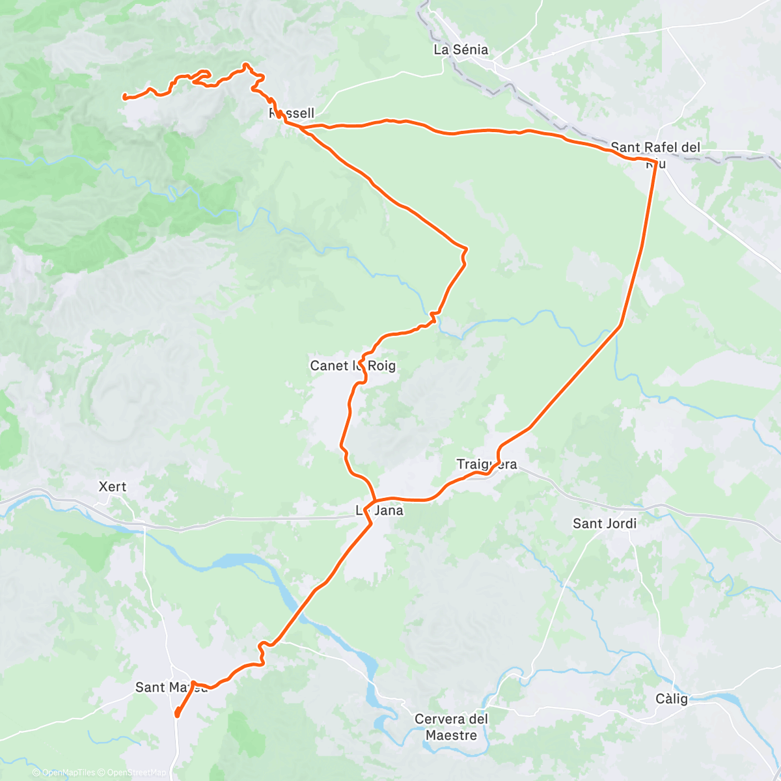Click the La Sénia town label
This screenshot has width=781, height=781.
click(x=461, y=49)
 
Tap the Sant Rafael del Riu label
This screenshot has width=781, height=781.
click(x=655, y=148)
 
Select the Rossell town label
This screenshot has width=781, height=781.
click(x=292, y=113)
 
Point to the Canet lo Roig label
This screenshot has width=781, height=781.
click(x=353, y=366)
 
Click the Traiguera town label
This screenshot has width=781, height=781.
click(x=487, y=464)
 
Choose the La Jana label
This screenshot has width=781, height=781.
click(x=379, y=510)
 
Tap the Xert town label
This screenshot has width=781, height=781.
click(x=112, y=486)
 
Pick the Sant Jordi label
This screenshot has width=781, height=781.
click(x=605, y=523)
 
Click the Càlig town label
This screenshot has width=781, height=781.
click(x=672, y=699)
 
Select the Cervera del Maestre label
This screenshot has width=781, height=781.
click(x=451, y=727)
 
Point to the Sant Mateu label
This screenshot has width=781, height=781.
click(x=171, y=687)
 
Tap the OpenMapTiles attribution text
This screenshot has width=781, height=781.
click(x=68, y=773)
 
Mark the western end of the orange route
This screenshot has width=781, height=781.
click(x=124, y=98)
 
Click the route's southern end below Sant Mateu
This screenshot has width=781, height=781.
click(x=177, y=716)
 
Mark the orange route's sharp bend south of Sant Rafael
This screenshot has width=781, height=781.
click(x=619, y=326)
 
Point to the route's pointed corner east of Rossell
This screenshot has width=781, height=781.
click(x=466, y=249)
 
